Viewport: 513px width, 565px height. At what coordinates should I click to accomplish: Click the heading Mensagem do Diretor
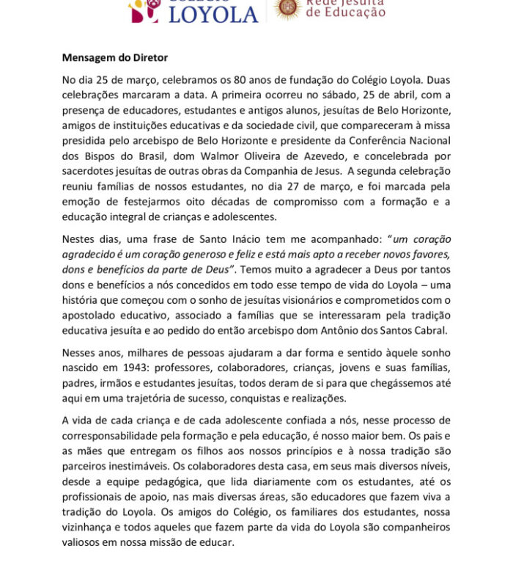click(115, 56)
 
